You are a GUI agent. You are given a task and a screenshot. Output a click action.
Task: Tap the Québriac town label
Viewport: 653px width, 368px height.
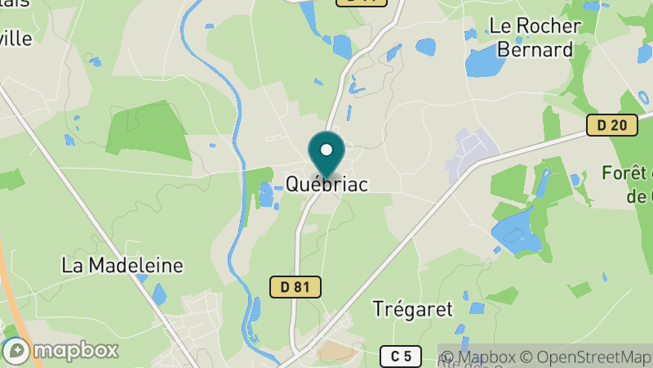pyautogui.click(x=326, y=184)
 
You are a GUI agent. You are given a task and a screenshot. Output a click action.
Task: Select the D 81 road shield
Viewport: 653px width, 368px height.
pyautogui.click(x=295, y=286)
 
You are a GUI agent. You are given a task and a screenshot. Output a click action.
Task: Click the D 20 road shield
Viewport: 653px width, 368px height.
pyautogui.click(x=611, y=125)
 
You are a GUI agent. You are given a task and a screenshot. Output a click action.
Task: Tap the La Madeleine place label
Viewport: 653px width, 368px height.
pyautogui.click(x=122, y=265)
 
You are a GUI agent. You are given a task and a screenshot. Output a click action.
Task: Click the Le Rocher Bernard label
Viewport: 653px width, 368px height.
pyautogui.click(x=535, y=37)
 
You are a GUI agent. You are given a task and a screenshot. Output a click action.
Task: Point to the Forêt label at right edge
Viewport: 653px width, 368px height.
pyautogui.click(x=629, y=173)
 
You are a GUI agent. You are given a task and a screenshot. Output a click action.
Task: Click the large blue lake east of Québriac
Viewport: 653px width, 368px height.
pyautogui.click(x=514, y=229)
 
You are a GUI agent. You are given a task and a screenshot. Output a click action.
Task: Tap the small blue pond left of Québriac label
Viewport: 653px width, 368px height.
pyautogui.click(x=266, y=195)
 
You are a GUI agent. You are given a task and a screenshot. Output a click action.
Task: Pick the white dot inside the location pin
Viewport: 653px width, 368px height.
pyautogui.click(x=326, y=150)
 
